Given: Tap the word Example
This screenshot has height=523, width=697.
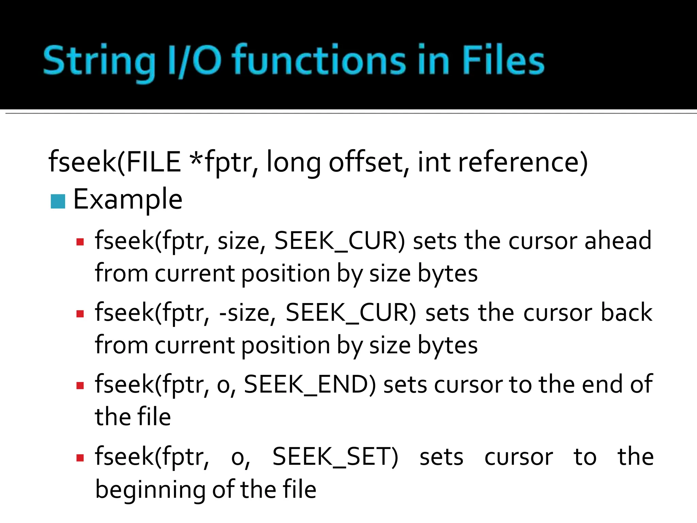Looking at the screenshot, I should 128,200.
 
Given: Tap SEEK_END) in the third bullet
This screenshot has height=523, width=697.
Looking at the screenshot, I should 310,384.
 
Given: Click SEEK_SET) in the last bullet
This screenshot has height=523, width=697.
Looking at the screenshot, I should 335,457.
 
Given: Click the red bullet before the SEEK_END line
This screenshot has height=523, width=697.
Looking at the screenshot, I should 80,386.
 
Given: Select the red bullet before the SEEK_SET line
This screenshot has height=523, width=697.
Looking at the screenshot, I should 80,458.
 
